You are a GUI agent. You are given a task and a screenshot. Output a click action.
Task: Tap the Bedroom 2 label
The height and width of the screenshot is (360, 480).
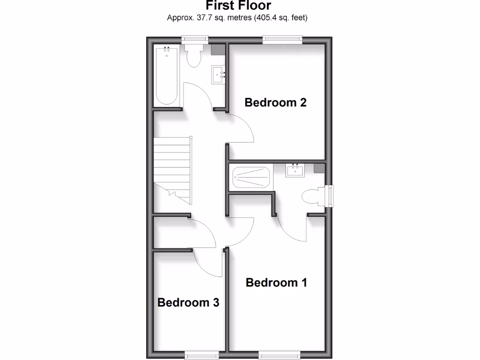point(276,102)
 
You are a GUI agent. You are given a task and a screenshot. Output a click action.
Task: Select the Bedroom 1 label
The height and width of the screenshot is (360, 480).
point(276,283)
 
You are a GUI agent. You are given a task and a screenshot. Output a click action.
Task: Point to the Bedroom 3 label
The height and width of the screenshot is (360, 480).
point(188,302)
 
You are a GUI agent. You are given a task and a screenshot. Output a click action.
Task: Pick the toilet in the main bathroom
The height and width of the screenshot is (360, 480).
point(194,55)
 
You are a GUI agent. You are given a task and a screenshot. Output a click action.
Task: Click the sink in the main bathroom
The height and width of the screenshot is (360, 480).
point(218,74)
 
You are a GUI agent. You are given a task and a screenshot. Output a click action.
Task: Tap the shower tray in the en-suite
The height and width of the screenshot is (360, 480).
point(252,178)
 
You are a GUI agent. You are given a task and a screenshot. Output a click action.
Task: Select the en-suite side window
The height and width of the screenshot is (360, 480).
point(331,196)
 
